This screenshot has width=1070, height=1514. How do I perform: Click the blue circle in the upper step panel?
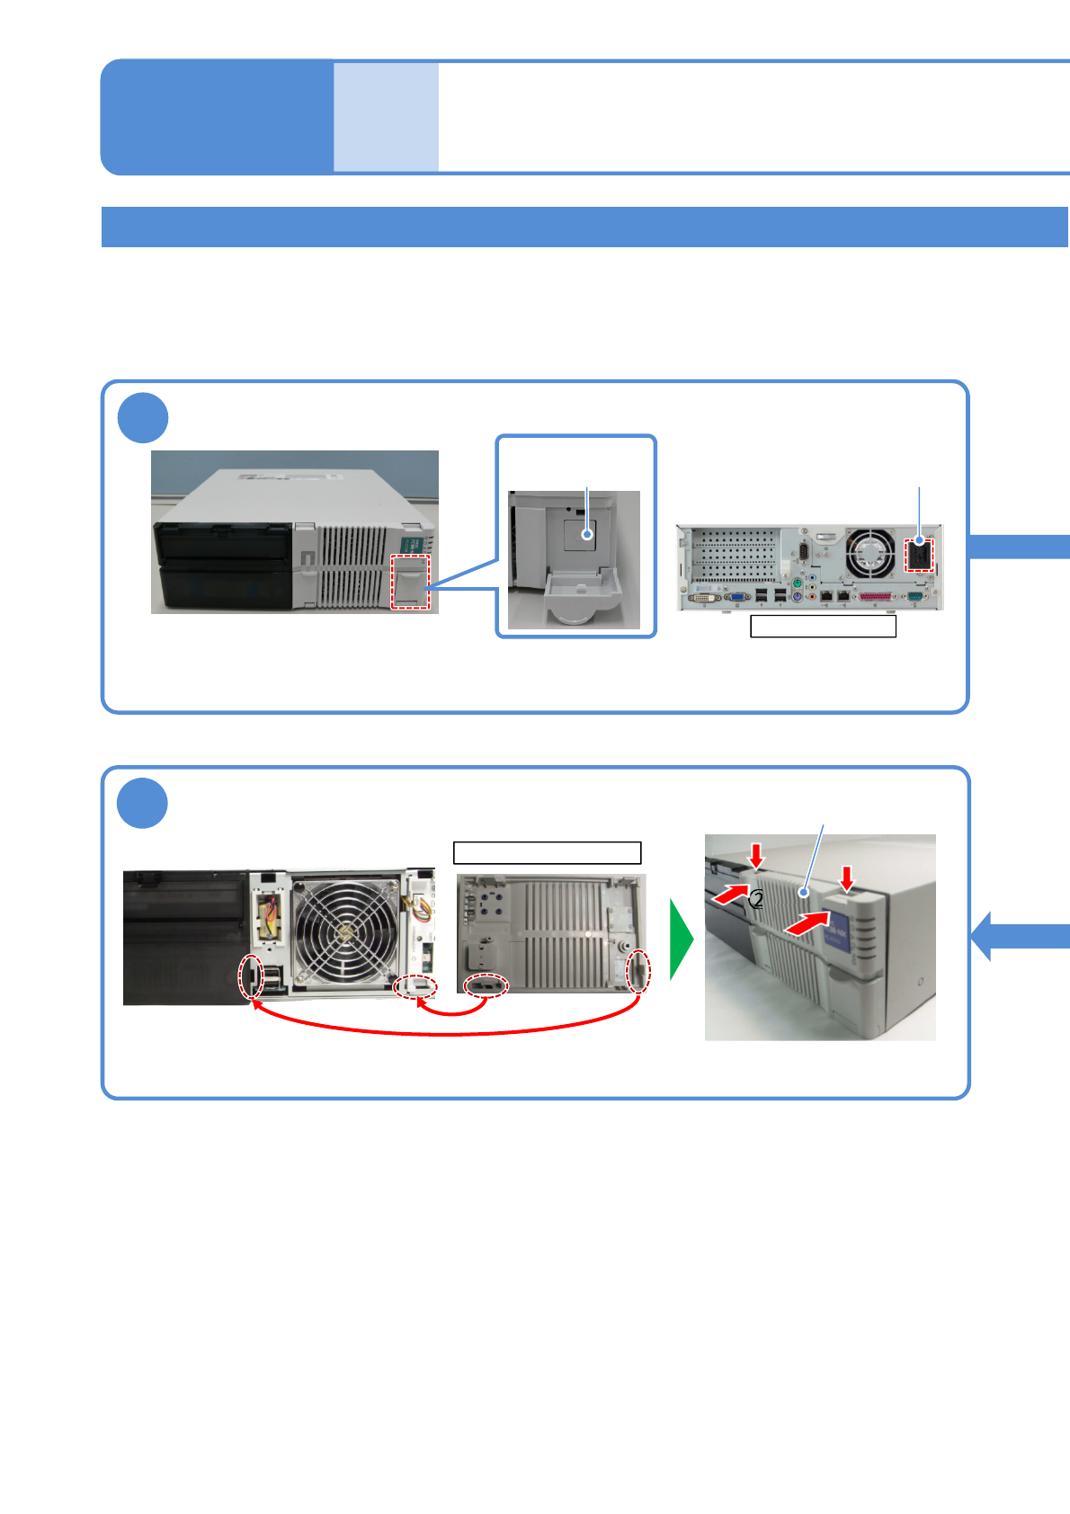[143, 418]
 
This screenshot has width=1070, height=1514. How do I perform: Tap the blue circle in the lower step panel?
[143, 804]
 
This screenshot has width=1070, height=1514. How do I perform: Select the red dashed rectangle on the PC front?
[411, 582]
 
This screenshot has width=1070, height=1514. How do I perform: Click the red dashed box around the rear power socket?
[919, 555]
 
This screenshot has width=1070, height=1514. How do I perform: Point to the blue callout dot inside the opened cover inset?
[587, 534]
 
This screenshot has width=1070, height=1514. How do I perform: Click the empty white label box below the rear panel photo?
[823, 627]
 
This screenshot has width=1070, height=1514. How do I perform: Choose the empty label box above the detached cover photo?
[547, 852]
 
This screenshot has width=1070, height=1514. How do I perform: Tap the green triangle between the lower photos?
[681, 940]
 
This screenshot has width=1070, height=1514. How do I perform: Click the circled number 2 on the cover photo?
[757, 899]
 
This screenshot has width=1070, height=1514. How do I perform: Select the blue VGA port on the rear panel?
[737, 596]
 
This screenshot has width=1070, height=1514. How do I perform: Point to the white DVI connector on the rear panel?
[704, 596]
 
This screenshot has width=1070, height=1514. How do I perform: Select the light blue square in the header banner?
[387, 117]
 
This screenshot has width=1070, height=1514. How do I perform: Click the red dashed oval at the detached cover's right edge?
[638, 972]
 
